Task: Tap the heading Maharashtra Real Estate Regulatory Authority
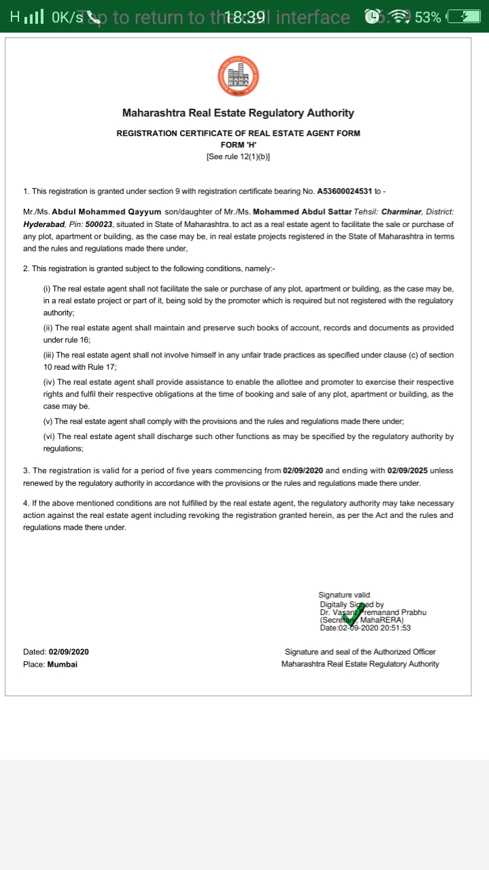coord(238,113)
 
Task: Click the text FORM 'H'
coord(238,145)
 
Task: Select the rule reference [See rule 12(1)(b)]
coord(238,156)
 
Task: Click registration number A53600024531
coord(349,192)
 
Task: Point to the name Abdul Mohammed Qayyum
coord(107,212)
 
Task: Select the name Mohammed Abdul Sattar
coord(302,212)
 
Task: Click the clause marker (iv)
coord(48,383)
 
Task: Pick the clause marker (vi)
coord(48,436)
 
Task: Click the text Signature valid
coord(344,595)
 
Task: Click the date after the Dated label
coord(69,652)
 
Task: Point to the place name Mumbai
coord(62,664)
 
